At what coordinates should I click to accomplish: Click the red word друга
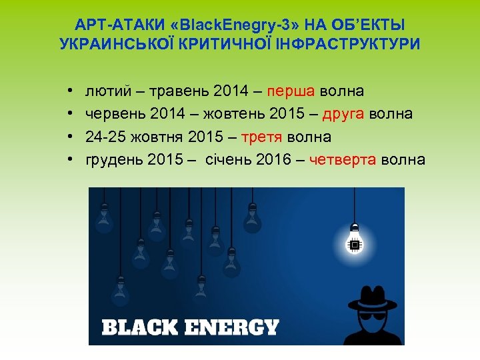pos(343,113)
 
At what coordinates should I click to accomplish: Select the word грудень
pos(114,160)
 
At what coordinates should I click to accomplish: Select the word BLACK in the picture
pos(139,327)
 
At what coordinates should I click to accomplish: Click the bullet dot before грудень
pos(70,160)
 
